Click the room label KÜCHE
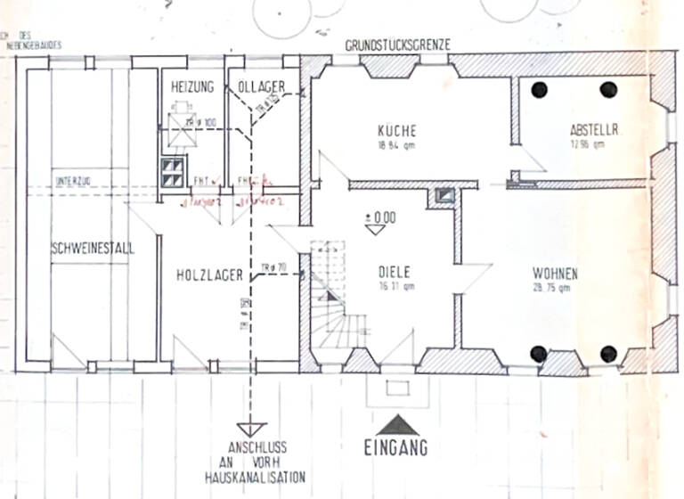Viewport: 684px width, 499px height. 396,130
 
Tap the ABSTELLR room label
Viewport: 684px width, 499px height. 593,129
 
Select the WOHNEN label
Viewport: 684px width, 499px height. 555,274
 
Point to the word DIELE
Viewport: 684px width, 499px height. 395,274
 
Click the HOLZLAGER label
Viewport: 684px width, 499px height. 210,276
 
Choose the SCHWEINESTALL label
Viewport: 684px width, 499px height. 93,250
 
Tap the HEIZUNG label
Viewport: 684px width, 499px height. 192,86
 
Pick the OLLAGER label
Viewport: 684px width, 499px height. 261,86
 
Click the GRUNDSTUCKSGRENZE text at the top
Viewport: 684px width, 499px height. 398,44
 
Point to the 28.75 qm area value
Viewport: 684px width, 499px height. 556,288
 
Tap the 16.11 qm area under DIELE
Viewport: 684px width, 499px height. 395,287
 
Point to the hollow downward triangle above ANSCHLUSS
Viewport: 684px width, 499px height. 252,430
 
